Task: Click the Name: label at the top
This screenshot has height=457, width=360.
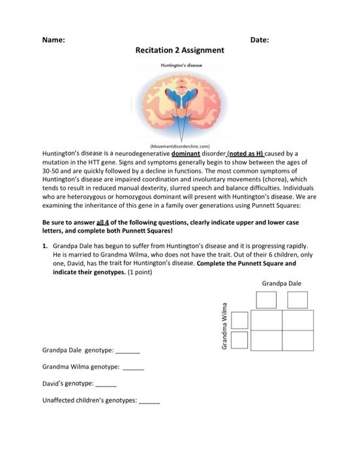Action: tap(53, 40)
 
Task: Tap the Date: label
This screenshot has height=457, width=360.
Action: tap(260, 40)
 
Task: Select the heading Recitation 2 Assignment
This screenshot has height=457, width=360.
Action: tap(179, 50)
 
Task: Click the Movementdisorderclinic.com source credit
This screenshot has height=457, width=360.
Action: tap(180, 146)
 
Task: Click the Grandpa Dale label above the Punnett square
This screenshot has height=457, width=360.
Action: tap(281, 284)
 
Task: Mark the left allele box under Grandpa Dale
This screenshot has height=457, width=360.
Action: tap(266, 300)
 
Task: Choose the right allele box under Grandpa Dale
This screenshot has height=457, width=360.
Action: tap(297, 300)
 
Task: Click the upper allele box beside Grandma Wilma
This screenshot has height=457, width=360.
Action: tap(240, 320)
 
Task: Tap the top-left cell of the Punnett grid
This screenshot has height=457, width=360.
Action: tap(266, 320)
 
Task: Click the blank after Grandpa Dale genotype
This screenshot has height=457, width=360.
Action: tap(128, 351)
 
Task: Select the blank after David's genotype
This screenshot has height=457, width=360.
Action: tap(106, 383)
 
